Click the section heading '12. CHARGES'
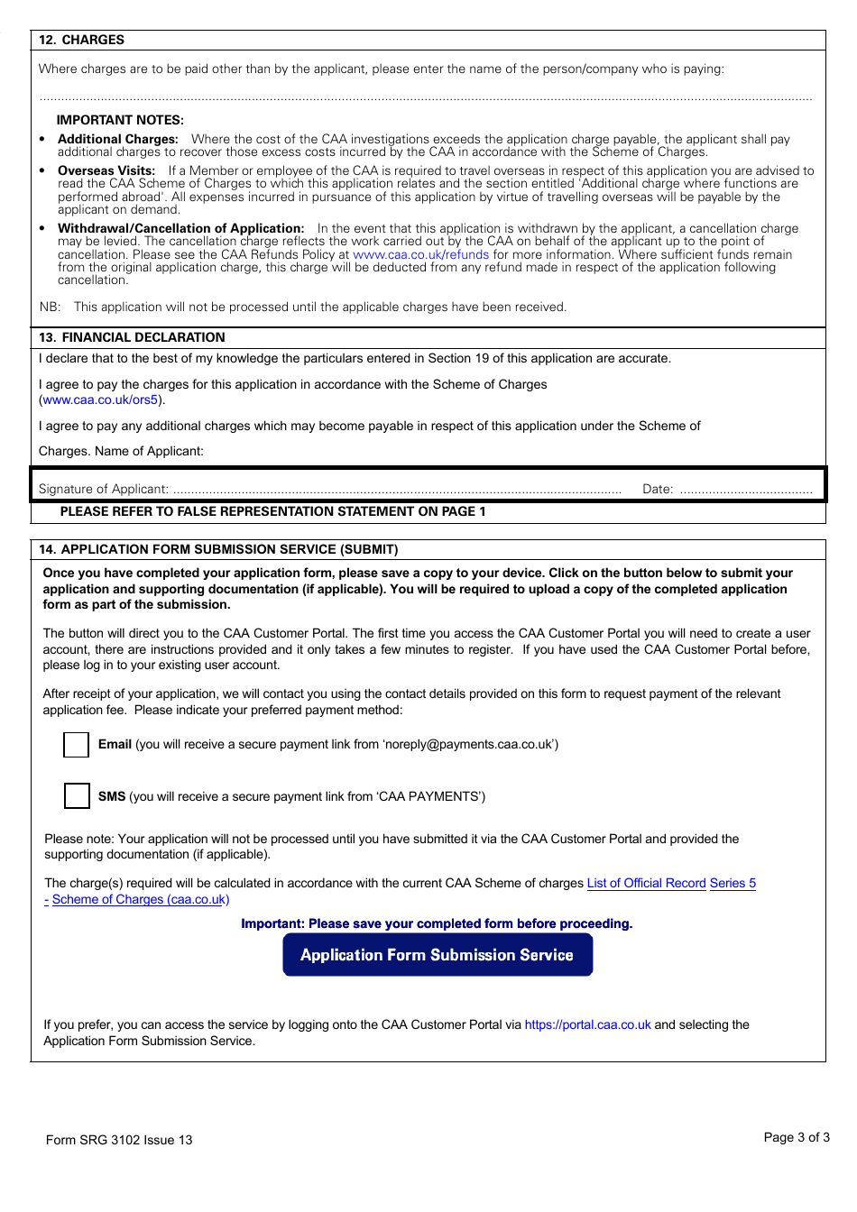point(81,41)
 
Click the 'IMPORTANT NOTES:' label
point(120,120)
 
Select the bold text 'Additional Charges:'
point(118,139)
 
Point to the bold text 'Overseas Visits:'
point(106,170)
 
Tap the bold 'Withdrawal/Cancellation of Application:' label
point(180,228)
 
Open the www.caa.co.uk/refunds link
point(420,254)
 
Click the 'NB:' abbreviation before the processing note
point(50,307)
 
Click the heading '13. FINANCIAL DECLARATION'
point(132,337)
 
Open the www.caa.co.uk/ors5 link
point(100,399)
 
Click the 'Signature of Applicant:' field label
point(103,489)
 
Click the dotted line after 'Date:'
point(746,490)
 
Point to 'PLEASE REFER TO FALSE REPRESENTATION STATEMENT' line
point(272,511)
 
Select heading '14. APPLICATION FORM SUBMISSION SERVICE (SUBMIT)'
point(218,549)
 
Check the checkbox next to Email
point(77,745)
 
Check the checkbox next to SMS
point(77,796)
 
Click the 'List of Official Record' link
point(646,883)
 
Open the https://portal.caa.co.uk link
point(587,1024)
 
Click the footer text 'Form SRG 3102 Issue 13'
point(119,1140)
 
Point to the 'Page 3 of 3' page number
point(796,1137)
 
